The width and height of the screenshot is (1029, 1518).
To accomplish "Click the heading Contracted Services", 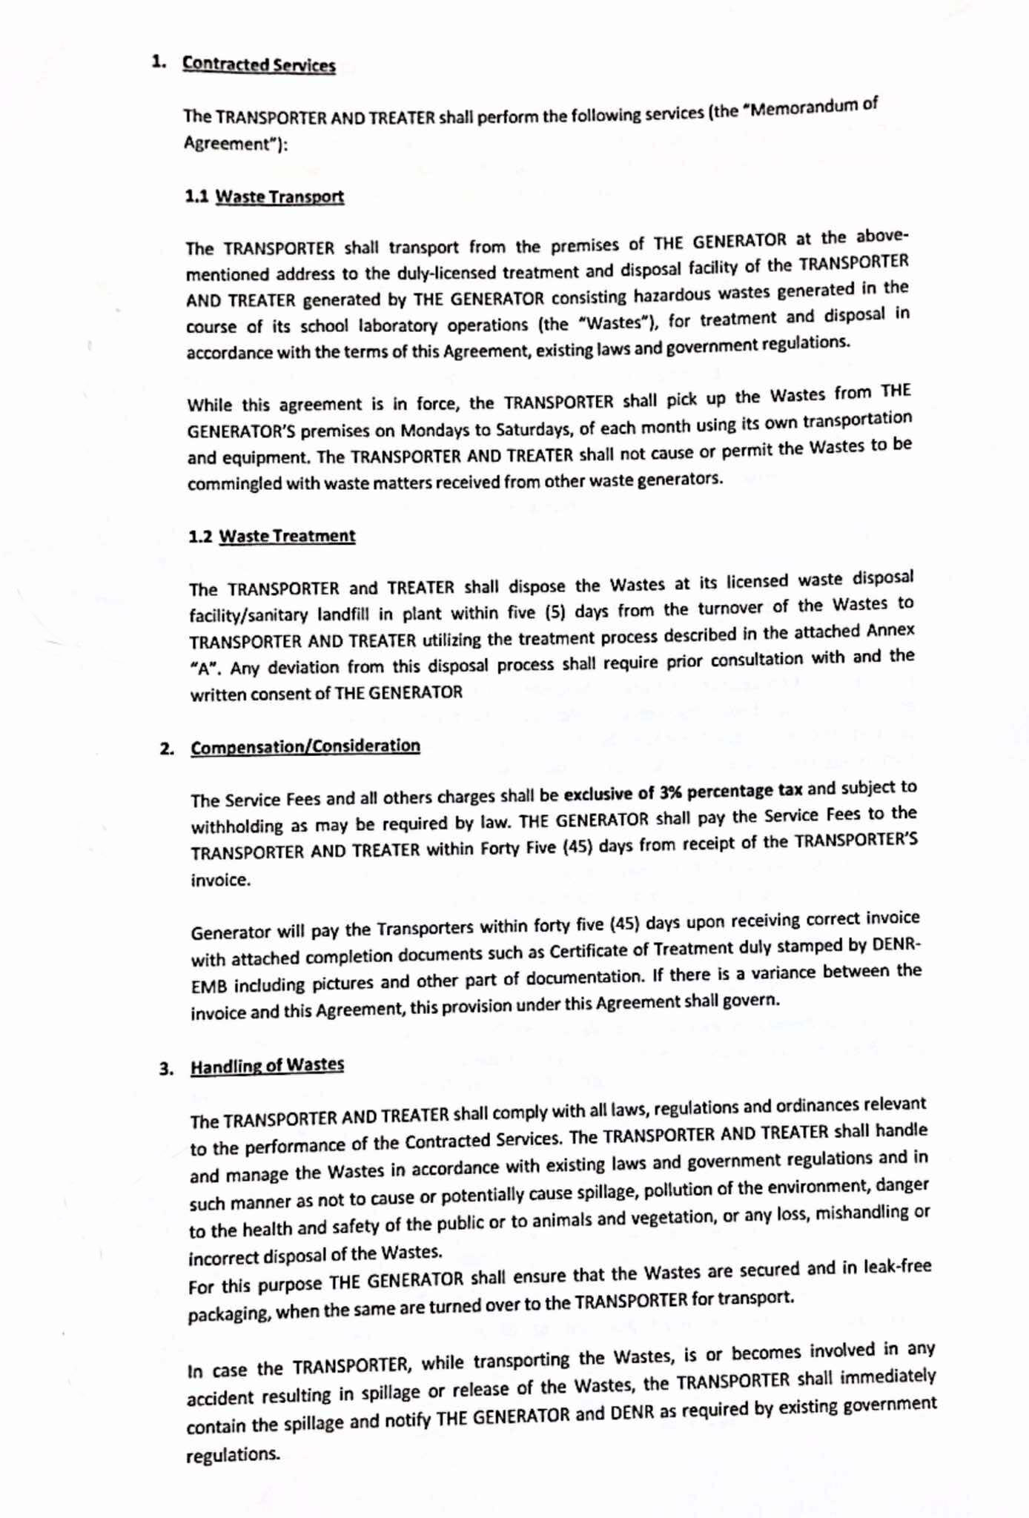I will click(259, 64).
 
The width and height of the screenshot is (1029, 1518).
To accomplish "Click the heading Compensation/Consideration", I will click(305, 746).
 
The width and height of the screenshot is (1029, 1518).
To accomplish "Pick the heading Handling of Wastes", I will click(267, 1066).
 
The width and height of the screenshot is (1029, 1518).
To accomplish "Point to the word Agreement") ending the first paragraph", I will click(235, 143).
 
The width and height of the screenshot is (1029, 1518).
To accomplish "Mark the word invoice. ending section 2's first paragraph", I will click(220, 880).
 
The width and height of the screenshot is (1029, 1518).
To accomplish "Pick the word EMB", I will click(208, 987).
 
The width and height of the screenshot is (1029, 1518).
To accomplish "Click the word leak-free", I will click(897, 1266).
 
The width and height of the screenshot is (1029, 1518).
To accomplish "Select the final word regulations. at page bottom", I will click(233, 1454).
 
